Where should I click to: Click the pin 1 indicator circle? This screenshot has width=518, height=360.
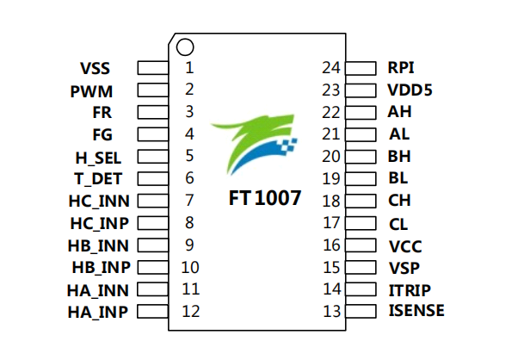pos(183,46)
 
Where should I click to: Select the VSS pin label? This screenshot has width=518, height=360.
pos(96,67)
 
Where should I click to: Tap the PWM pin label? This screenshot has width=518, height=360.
pos(91,90)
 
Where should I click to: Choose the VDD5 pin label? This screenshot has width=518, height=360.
pos(410,90)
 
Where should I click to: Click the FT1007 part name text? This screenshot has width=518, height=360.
pos(265,198)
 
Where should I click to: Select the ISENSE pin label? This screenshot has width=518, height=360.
pos(416,311)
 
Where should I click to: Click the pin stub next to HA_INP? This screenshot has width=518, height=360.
pos(152,312)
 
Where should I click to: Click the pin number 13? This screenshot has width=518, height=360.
pos(331,311)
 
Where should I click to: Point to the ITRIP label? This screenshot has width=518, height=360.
pos(410,289)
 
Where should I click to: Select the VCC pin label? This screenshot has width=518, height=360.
pos(404,245)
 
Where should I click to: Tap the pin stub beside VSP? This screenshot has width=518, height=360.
pos(361,268)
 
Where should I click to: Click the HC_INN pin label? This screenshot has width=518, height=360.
pos(98,201)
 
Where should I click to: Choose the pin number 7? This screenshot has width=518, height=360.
pos(189,201)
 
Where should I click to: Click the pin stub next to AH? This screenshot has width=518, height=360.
pos(361,112)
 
